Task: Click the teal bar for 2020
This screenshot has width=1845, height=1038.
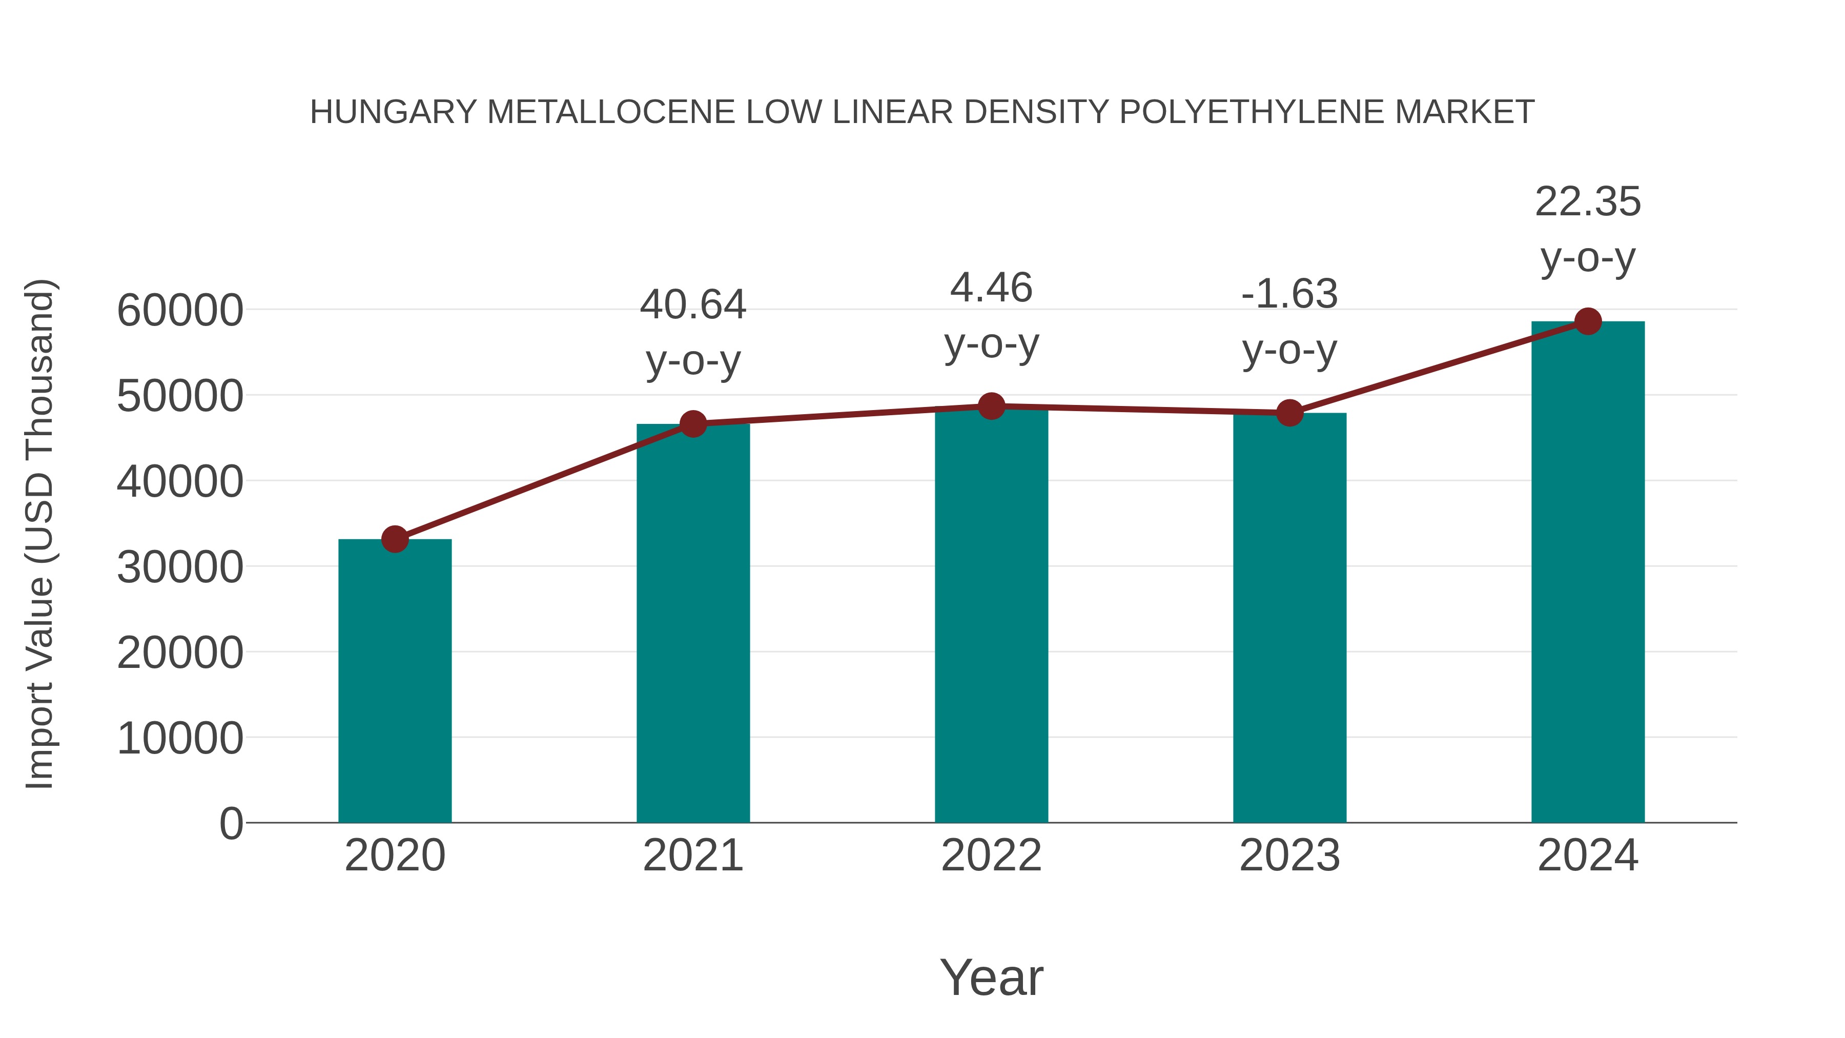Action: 395,681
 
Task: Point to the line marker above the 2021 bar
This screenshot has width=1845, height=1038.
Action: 692,424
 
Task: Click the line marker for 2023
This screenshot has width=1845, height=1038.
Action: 1289,413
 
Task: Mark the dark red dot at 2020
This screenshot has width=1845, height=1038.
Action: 395,539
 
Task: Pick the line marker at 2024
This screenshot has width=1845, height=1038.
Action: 1588,321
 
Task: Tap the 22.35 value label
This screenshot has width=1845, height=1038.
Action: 1588,201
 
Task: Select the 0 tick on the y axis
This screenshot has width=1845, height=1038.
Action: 231,823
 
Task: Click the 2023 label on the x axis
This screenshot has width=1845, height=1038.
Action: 1289,856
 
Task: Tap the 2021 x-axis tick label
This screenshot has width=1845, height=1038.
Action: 692,856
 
